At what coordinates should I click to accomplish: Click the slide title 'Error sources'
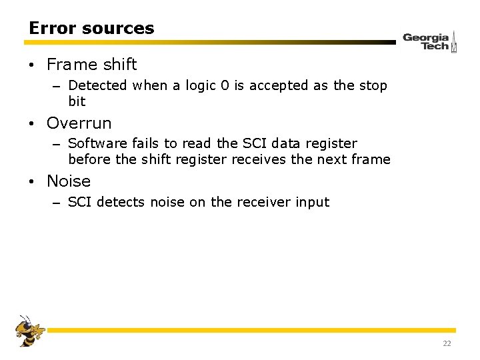[91, 28]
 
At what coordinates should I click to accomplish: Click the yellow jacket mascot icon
[29, 331]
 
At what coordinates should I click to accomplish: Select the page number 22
[447, 343]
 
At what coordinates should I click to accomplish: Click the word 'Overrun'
[79, 123]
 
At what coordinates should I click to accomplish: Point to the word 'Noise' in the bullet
[69, 181]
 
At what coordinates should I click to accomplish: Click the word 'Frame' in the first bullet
[68, 65]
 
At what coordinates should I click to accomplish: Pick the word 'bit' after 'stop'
[77, 101]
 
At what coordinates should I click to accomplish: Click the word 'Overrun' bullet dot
[31, 124]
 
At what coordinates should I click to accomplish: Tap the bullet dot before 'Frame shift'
[31, 65]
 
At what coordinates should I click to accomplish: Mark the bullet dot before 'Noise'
[31, 182]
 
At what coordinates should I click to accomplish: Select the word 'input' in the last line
[311, 202]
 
